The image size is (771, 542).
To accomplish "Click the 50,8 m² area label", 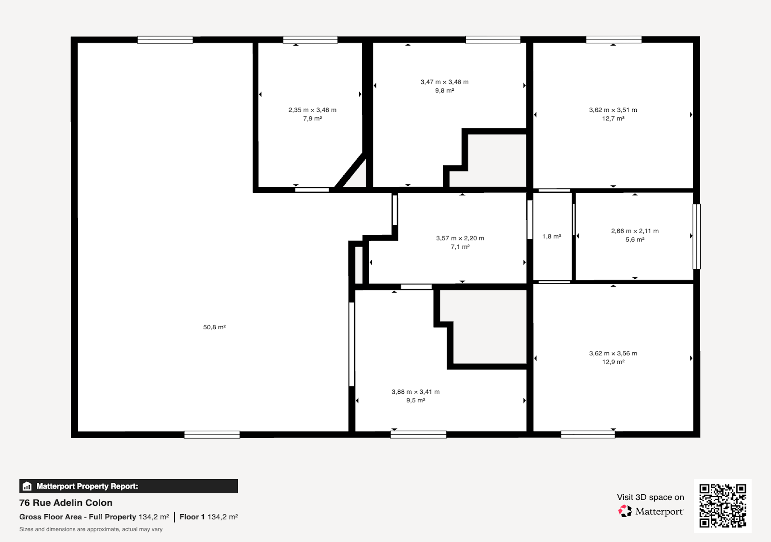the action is coord(214,327).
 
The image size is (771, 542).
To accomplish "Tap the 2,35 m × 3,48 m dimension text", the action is coord(312,110).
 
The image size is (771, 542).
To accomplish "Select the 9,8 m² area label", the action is coord(445,90).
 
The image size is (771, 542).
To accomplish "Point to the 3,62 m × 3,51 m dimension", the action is coord(613,110).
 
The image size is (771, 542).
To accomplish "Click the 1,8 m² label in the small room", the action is coord(552,236).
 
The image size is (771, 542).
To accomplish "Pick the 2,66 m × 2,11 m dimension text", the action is coord(635,231).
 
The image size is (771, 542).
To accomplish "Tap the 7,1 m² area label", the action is coord(460,247).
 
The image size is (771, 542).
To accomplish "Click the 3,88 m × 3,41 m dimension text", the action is coord(416,391).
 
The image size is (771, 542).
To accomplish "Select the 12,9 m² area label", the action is coord(613,362).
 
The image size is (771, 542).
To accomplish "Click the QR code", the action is coord(722,505).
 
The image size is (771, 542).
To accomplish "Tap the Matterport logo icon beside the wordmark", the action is coord(625,511).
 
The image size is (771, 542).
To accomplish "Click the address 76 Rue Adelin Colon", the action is coord(66,502).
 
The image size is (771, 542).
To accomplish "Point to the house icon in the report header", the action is coord(27,486).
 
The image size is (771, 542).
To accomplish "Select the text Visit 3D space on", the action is coord(650,497).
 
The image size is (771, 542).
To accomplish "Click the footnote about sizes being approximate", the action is coord(91,529).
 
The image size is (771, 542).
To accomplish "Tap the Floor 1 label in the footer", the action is coord(192,517).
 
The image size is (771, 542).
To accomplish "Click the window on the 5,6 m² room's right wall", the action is coord(696,236).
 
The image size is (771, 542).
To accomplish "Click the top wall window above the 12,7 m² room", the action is coord(614,40).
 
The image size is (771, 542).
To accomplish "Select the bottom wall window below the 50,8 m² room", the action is coord(212,435).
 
